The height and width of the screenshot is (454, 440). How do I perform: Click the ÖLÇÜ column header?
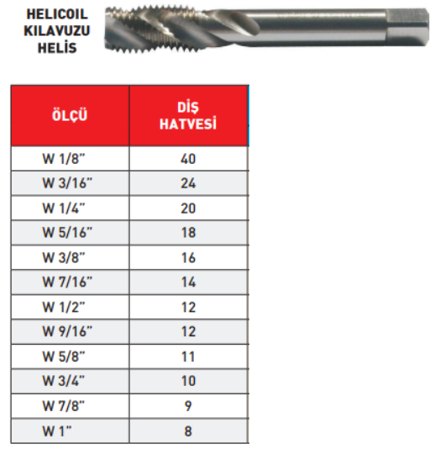click(x=70, y=115)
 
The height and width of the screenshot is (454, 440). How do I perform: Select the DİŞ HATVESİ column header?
click(x=188, y=116)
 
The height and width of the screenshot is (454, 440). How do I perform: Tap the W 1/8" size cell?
click(x=64, y=159)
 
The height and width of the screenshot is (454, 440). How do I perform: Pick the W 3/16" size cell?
click(x=67, y=183)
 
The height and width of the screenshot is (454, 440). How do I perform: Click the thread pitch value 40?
click(x=188, y=159)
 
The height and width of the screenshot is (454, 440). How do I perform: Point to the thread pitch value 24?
click(x=188, y=183)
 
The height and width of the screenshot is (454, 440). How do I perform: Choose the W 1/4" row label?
click(x=64, y=209)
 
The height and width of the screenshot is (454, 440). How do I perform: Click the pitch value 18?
click(x=188, y=233)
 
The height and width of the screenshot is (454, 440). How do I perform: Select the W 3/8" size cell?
click(x=64, y=258)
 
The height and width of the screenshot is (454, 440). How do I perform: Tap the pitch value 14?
click(x=188, y=282)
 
